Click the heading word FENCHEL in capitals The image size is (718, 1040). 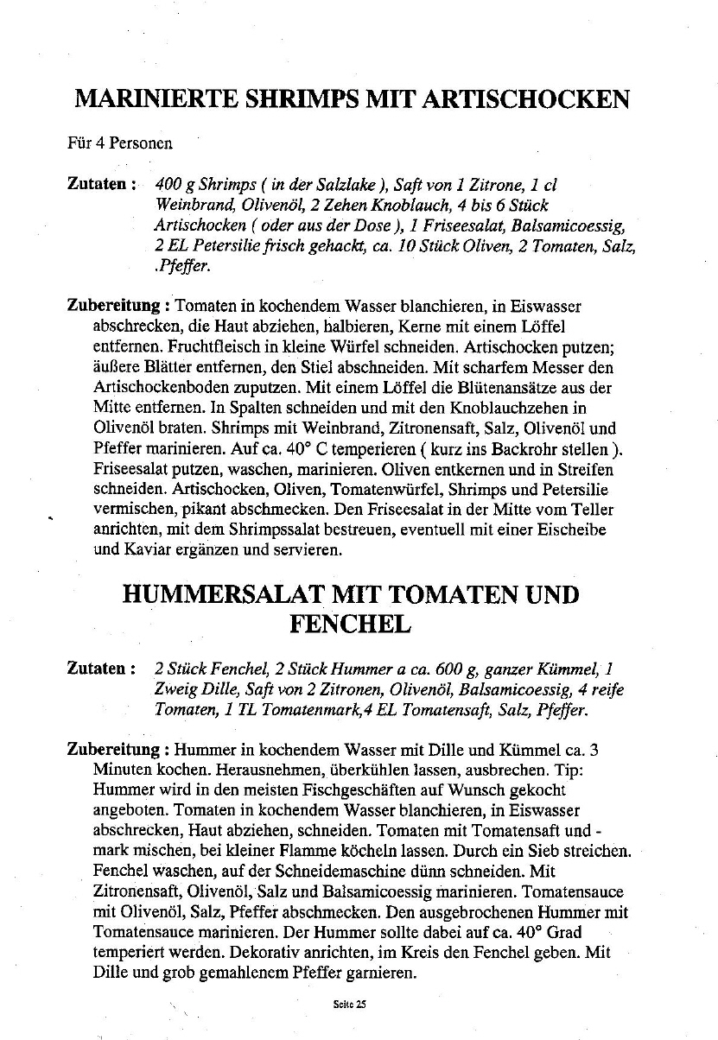pyautogui.click(x=350, y=624)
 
